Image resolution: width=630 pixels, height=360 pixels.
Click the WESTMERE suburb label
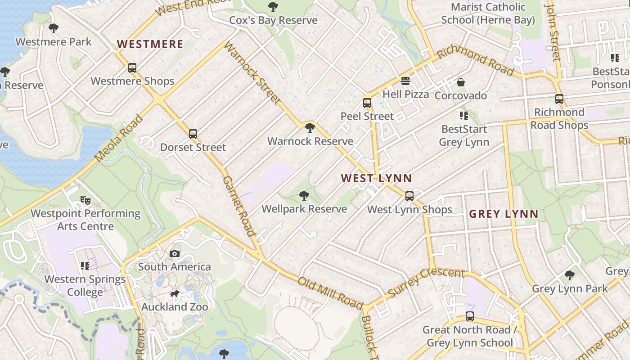(150, 44)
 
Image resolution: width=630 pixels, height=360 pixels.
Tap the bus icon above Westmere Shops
(132, 68)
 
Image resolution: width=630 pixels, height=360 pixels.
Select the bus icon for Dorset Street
(193, 134)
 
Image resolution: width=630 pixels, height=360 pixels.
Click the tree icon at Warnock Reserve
(310, 128)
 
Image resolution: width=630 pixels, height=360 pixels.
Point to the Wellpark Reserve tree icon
(304, 195)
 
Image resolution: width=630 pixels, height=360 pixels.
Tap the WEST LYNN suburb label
(376, 178)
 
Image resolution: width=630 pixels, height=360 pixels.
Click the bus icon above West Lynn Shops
(409, 196)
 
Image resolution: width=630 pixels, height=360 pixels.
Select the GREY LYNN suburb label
(504, 214)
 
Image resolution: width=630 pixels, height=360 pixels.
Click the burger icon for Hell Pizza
(405, 81)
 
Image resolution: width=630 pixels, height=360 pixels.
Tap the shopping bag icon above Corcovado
(460, 82)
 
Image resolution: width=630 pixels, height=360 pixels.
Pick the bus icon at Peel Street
(367, 103)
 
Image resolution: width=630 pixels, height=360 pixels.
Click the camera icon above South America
(175, 254)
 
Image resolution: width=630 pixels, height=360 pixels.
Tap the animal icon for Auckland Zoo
(175, 294)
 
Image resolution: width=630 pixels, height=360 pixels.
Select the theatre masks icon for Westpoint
(85, 200)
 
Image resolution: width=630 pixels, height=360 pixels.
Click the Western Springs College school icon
(85, 266)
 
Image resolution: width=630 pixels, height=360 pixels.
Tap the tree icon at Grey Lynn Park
(569, 275)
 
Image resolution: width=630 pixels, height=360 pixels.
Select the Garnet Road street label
(238, 206)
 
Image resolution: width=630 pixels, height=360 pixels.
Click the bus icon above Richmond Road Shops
(559, 99)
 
